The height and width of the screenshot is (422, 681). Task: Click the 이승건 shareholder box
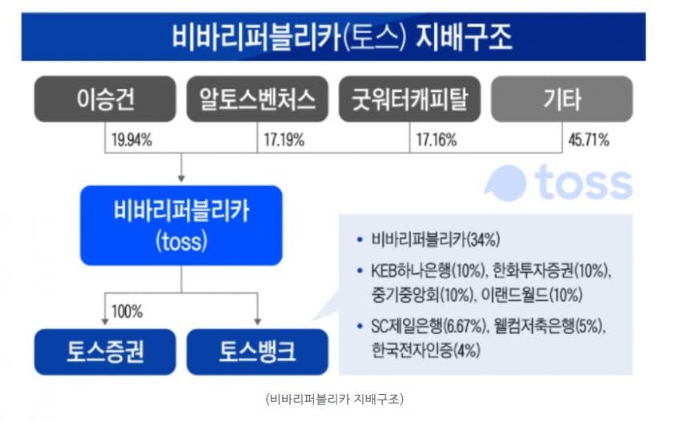click(105, 99)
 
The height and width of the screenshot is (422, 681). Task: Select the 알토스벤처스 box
click(257, 99)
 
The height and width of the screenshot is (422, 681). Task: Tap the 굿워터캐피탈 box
click(409, 99)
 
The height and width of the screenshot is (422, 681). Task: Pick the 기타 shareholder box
click(562, 99)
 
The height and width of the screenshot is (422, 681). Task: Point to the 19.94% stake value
click(131, 140)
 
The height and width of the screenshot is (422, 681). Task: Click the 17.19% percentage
click(284, 140)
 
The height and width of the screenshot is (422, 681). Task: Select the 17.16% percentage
click(437, 140)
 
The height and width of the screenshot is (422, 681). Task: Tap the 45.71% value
click(589, 140)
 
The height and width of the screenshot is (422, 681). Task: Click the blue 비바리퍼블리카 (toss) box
click(181, 225)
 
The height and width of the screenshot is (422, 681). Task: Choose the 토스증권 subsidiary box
click(105, 352)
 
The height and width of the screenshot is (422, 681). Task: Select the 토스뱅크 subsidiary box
click(257, 352)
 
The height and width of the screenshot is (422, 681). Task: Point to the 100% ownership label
click(127, 311)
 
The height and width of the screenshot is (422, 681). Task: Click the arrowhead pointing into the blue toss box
click(181, 179)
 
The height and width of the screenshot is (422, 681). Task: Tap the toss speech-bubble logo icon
click(506, 183)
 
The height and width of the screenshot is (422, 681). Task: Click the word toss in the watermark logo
click(583, 183)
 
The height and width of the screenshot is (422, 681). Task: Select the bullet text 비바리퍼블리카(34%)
click(436, 239)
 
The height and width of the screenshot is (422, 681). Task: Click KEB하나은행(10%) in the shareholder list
click(428, 271)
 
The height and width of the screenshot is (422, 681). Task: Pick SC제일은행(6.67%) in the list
click(428, 326)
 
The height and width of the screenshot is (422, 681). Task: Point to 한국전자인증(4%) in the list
click(425, 350)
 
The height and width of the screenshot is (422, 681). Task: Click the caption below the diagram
click(335, 399)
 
